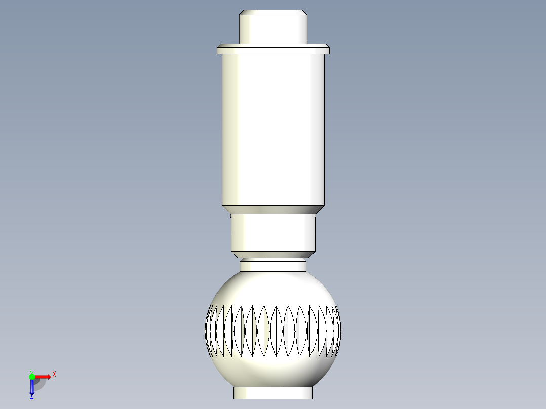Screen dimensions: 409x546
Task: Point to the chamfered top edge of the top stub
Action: [x=273, y=12]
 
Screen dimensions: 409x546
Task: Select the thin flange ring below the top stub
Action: [x=273, y=49]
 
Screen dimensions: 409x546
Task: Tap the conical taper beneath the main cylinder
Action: [x=273, y=209]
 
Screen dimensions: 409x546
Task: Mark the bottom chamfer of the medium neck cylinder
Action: [x=273, y=254]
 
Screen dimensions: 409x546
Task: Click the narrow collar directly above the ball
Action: [x=273, y=265]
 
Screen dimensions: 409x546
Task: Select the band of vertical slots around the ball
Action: [x=273, y=331]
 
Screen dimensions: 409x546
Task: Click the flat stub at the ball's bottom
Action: [x=273, y=393]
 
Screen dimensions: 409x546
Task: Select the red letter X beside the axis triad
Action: [x=54, y=374]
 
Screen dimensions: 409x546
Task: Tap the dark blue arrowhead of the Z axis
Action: [x=31, y=393]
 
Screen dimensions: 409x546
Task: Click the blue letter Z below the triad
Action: [x=31, y=398]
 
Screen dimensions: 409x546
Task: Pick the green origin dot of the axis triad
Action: [x=32, y=376]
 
